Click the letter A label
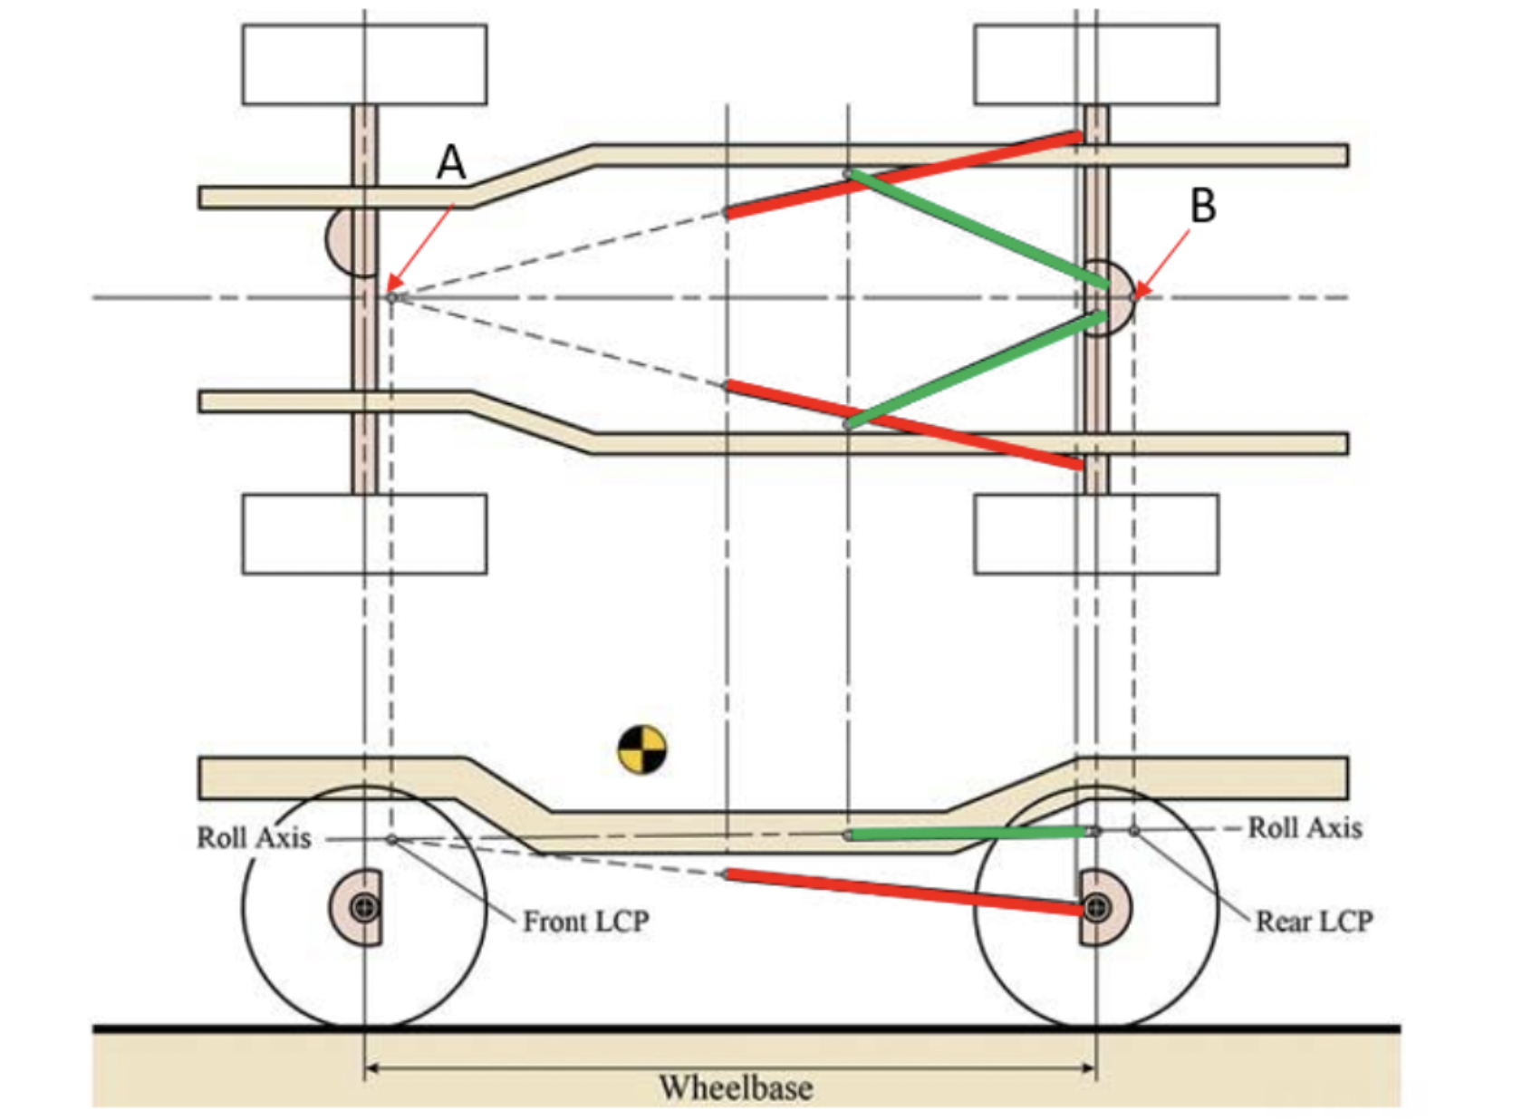[x=451, y=164]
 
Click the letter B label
[x=1202, y=207]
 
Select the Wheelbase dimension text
[x=736, y=1087]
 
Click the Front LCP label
[x=586, y=922]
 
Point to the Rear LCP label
[x=1314, y=922]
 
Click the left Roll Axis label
[x=255, y=838]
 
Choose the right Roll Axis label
[x=1305, y=827]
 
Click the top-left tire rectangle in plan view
[x=364, y=64]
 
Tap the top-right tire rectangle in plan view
[x=1096, y=64]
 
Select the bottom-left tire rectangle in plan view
[x=364, y=534]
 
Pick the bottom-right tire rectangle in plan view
[x=1096, y=534]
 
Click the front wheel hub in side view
[x=365, y=906]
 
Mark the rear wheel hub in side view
[x=1096, y=906]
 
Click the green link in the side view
[x=969, y=833]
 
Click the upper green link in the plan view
[x=978, y=229]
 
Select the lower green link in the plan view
[x=978, y=369]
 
